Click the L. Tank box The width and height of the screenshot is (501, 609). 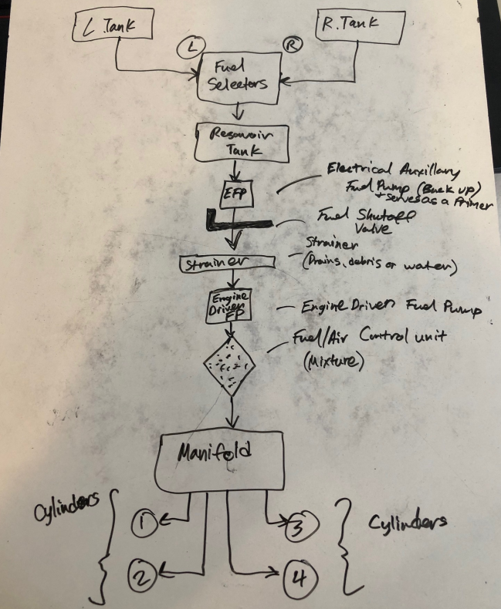pos(115,27)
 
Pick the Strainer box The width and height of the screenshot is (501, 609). pos(226,264)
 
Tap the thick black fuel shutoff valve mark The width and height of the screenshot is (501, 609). pos(232,223)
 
